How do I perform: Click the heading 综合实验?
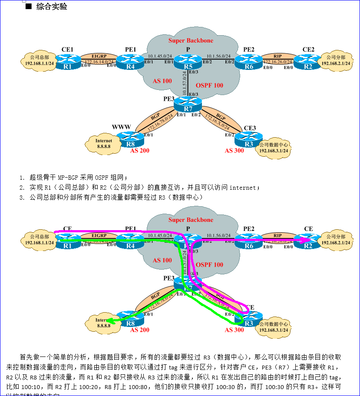tap(52, 7)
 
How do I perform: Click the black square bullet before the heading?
tap(29, 7)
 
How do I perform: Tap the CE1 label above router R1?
tap(67, 49)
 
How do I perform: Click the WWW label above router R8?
tap(121, 127)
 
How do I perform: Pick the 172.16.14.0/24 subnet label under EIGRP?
tap(99, 62)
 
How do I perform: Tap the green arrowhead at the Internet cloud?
tap(111, 321)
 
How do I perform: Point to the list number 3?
tap(21, 198)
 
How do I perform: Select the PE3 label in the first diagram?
tap(168, 99)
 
